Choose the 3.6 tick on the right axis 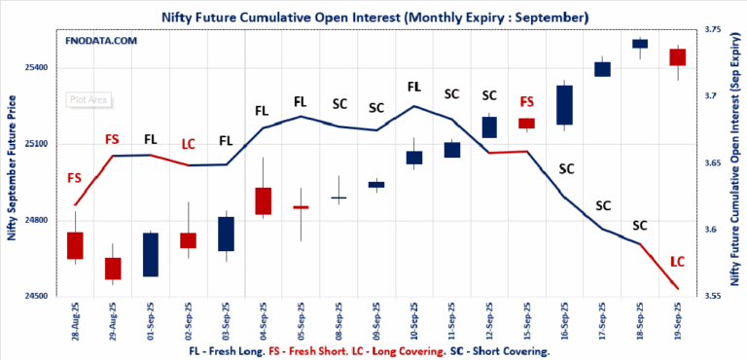point(713,230)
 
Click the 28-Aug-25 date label point(75,321)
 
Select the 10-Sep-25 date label point(414,321)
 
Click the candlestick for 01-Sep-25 point(151,254)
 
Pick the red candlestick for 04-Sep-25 point(264,200)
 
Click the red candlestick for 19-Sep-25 point(678,57)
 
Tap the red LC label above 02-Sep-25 point(189,144)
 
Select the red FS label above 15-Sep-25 point(527,101)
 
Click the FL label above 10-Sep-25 point(414,87)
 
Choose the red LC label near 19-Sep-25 point(678,262)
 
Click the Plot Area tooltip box point(89,98)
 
